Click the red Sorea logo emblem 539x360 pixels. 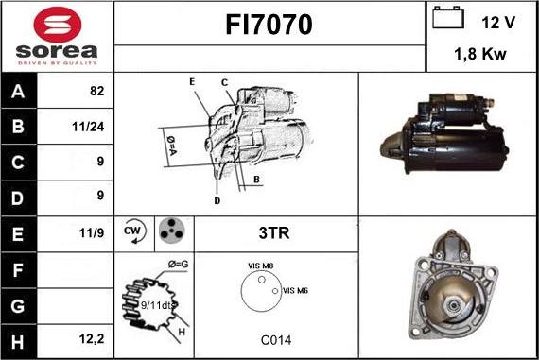click(x=58, y=25)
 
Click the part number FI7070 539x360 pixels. click(x=269, y=25)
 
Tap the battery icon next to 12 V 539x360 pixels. click(x=448, y=17)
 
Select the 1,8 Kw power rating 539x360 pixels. click(x=480, y=54)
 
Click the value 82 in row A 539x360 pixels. click(x=97, y=91)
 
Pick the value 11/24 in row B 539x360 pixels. click(x=88, y=127)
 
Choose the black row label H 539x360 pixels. click(x=18, y=341)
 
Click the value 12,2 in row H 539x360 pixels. click(x=92, y=339)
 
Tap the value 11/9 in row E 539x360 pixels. click(x=92, y=232)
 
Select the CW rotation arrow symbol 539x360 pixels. click(x=134, y=231)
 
